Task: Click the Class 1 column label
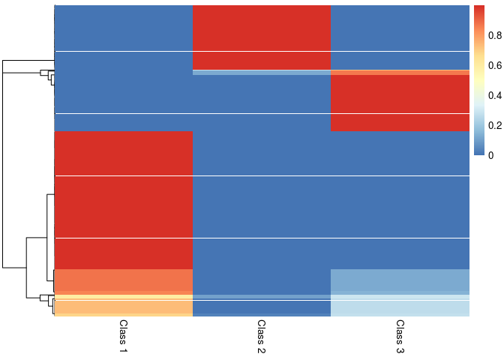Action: tap(124, 336)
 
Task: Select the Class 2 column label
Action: tap(262, 336)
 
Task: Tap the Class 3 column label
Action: tap(400, 336)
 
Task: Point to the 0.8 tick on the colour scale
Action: tap(491, 36)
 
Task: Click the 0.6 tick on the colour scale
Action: tap(491, 66)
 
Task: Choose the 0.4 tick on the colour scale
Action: tap(491, 96)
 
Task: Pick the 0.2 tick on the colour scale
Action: tap(491, 125)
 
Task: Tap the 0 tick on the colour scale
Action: tap(490, 155)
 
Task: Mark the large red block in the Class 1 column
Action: tap(124, 199)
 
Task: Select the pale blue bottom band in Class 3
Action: tap(400, 307)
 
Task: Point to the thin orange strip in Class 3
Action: tap(400, 72)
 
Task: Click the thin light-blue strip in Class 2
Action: tap(262, 72)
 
